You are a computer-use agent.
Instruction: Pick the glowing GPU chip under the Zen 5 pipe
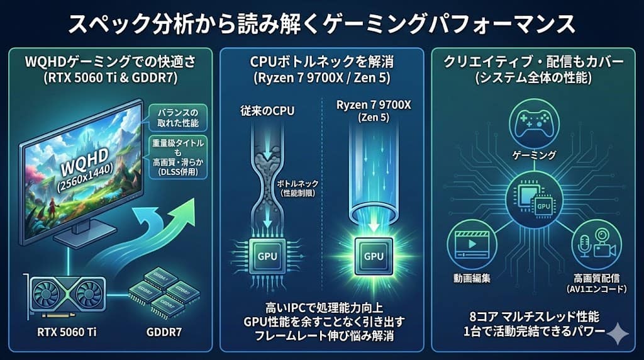click(374, 256)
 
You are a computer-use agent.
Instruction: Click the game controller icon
click(534, 122)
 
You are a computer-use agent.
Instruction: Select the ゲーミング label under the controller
click(534, 154)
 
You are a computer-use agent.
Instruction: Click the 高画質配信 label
click(597, 277)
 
